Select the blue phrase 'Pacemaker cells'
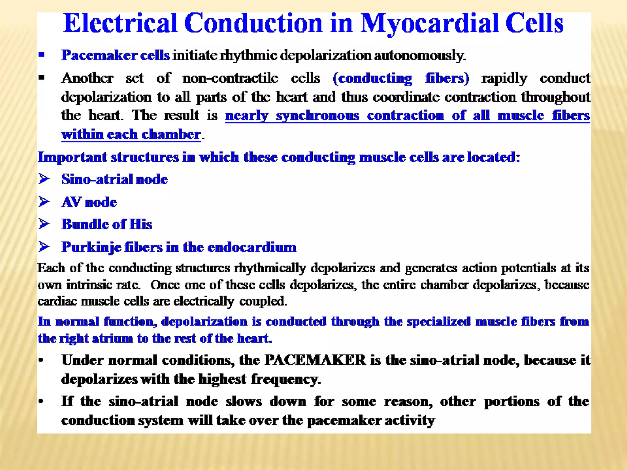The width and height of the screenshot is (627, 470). point(115,55)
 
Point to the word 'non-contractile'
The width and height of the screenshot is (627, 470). point(230,78)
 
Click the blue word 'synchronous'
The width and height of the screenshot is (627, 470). point(317,116)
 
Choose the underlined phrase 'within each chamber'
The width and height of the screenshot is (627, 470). point(131,135)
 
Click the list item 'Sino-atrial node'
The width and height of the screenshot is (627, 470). point(115,179)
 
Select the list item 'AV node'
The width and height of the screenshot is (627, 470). point(89,202)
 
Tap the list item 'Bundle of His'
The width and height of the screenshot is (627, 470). point(107,224)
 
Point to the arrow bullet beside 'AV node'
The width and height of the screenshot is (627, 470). point(44,202)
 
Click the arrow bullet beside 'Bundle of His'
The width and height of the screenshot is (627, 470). point(44,224)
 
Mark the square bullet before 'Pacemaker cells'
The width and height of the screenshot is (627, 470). point(42,55)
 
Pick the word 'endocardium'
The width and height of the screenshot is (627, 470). point(252,247)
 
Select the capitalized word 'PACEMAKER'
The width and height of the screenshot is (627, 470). point(315,360)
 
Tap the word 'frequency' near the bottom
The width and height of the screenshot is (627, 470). point(286,379)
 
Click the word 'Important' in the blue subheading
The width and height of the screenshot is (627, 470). point(72,157)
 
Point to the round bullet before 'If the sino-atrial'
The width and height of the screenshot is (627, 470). point(41,401)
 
